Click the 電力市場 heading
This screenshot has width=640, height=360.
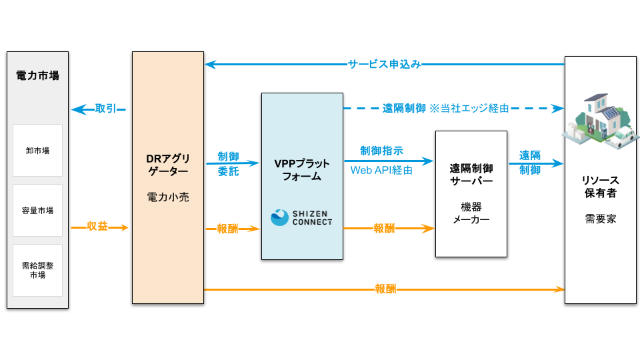point(37,75)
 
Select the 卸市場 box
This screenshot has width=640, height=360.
point(37,150)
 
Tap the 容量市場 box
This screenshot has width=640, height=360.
point(37,210)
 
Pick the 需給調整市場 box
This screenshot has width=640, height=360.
point(37,270)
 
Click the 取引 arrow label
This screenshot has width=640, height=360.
point(107,109)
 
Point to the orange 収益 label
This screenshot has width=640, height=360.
point(97,227)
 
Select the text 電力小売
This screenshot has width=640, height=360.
point(167,197)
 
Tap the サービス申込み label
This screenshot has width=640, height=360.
point(384,65)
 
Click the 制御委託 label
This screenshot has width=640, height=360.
point(228,163)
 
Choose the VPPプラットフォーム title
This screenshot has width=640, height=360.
point(302,171)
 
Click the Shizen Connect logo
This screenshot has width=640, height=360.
point(301,217)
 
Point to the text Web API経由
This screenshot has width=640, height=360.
point(381,171)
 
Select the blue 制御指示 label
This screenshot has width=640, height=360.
point(381,151)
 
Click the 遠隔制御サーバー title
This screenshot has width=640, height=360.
point(471,175)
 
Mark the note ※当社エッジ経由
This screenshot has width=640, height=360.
point(469,108)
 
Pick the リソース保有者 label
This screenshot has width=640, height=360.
point(600,187)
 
